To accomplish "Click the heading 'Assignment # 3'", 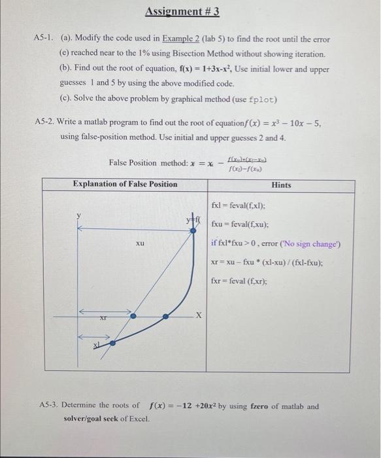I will (182, 12).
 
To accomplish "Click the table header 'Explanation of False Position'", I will (125, 184).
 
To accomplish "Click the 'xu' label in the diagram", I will (140, 243).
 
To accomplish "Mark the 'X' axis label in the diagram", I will (201, 316).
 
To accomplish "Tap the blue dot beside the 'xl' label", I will (112, 342).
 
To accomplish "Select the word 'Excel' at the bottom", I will (138, 418).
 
